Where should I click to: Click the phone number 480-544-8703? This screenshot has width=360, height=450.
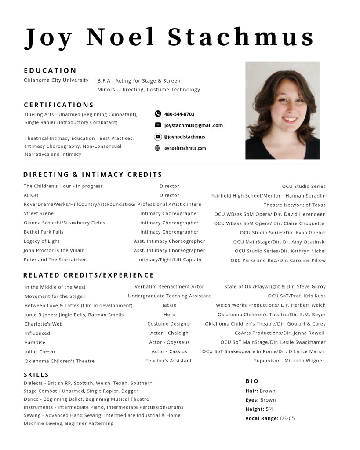pos(179,114)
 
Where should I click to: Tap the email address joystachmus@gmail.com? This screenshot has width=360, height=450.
pos(193,125)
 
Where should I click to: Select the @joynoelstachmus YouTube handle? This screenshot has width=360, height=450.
pos(184,137)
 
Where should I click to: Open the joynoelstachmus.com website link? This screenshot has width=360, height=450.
pos(185,148)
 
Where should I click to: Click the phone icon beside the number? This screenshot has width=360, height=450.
pos(158,114)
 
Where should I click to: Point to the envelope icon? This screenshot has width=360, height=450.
pos(158,125)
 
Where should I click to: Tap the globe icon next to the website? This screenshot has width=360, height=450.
pos(158,148)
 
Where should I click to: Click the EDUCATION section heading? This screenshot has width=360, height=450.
pos(50,70)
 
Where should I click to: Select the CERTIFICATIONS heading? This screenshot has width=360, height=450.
pos(59,105)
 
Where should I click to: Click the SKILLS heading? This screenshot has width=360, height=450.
pos(36,374)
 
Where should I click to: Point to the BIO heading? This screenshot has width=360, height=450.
pos(252,381)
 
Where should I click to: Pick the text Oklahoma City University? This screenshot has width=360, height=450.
pos(56,80)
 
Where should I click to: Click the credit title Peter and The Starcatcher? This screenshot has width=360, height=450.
pos(55,260)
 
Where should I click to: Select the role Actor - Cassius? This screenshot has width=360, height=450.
pos(169,351)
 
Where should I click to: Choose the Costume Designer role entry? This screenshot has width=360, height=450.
pos(169,324)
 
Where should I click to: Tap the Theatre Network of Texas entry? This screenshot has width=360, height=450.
pos(295,205)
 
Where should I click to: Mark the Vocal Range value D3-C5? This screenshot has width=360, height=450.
pos(287,418)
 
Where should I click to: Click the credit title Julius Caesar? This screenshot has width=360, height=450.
pos(40,352)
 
